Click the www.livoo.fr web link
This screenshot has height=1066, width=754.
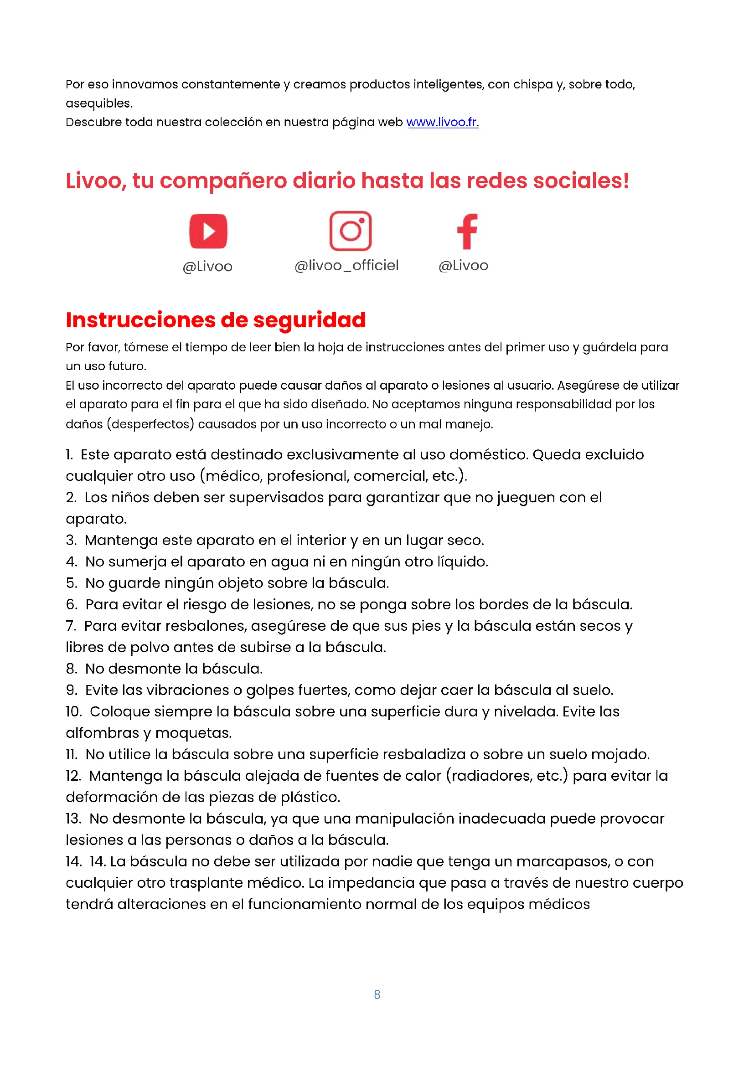tap(442, 122)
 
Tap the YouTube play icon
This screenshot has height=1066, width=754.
tap(208, 231)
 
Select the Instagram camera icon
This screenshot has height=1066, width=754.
tap(351, 231)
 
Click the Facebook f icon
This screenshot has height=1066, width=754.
tap(467, 231)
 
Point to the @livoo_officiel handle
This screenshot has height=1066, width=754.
tap(346, 266)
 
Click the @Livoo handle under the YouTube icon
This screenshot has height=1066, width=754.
tap(207, 267)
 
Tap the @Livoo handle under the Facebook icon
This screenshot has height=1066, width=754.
tap(463, 266)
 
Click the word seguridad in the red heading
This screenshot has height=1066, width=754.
tap(309, 320)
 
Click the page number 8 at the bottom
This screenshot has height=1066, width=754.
tap(377, 994)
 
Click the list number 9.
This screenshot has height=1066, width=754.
tap(72, 690)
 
